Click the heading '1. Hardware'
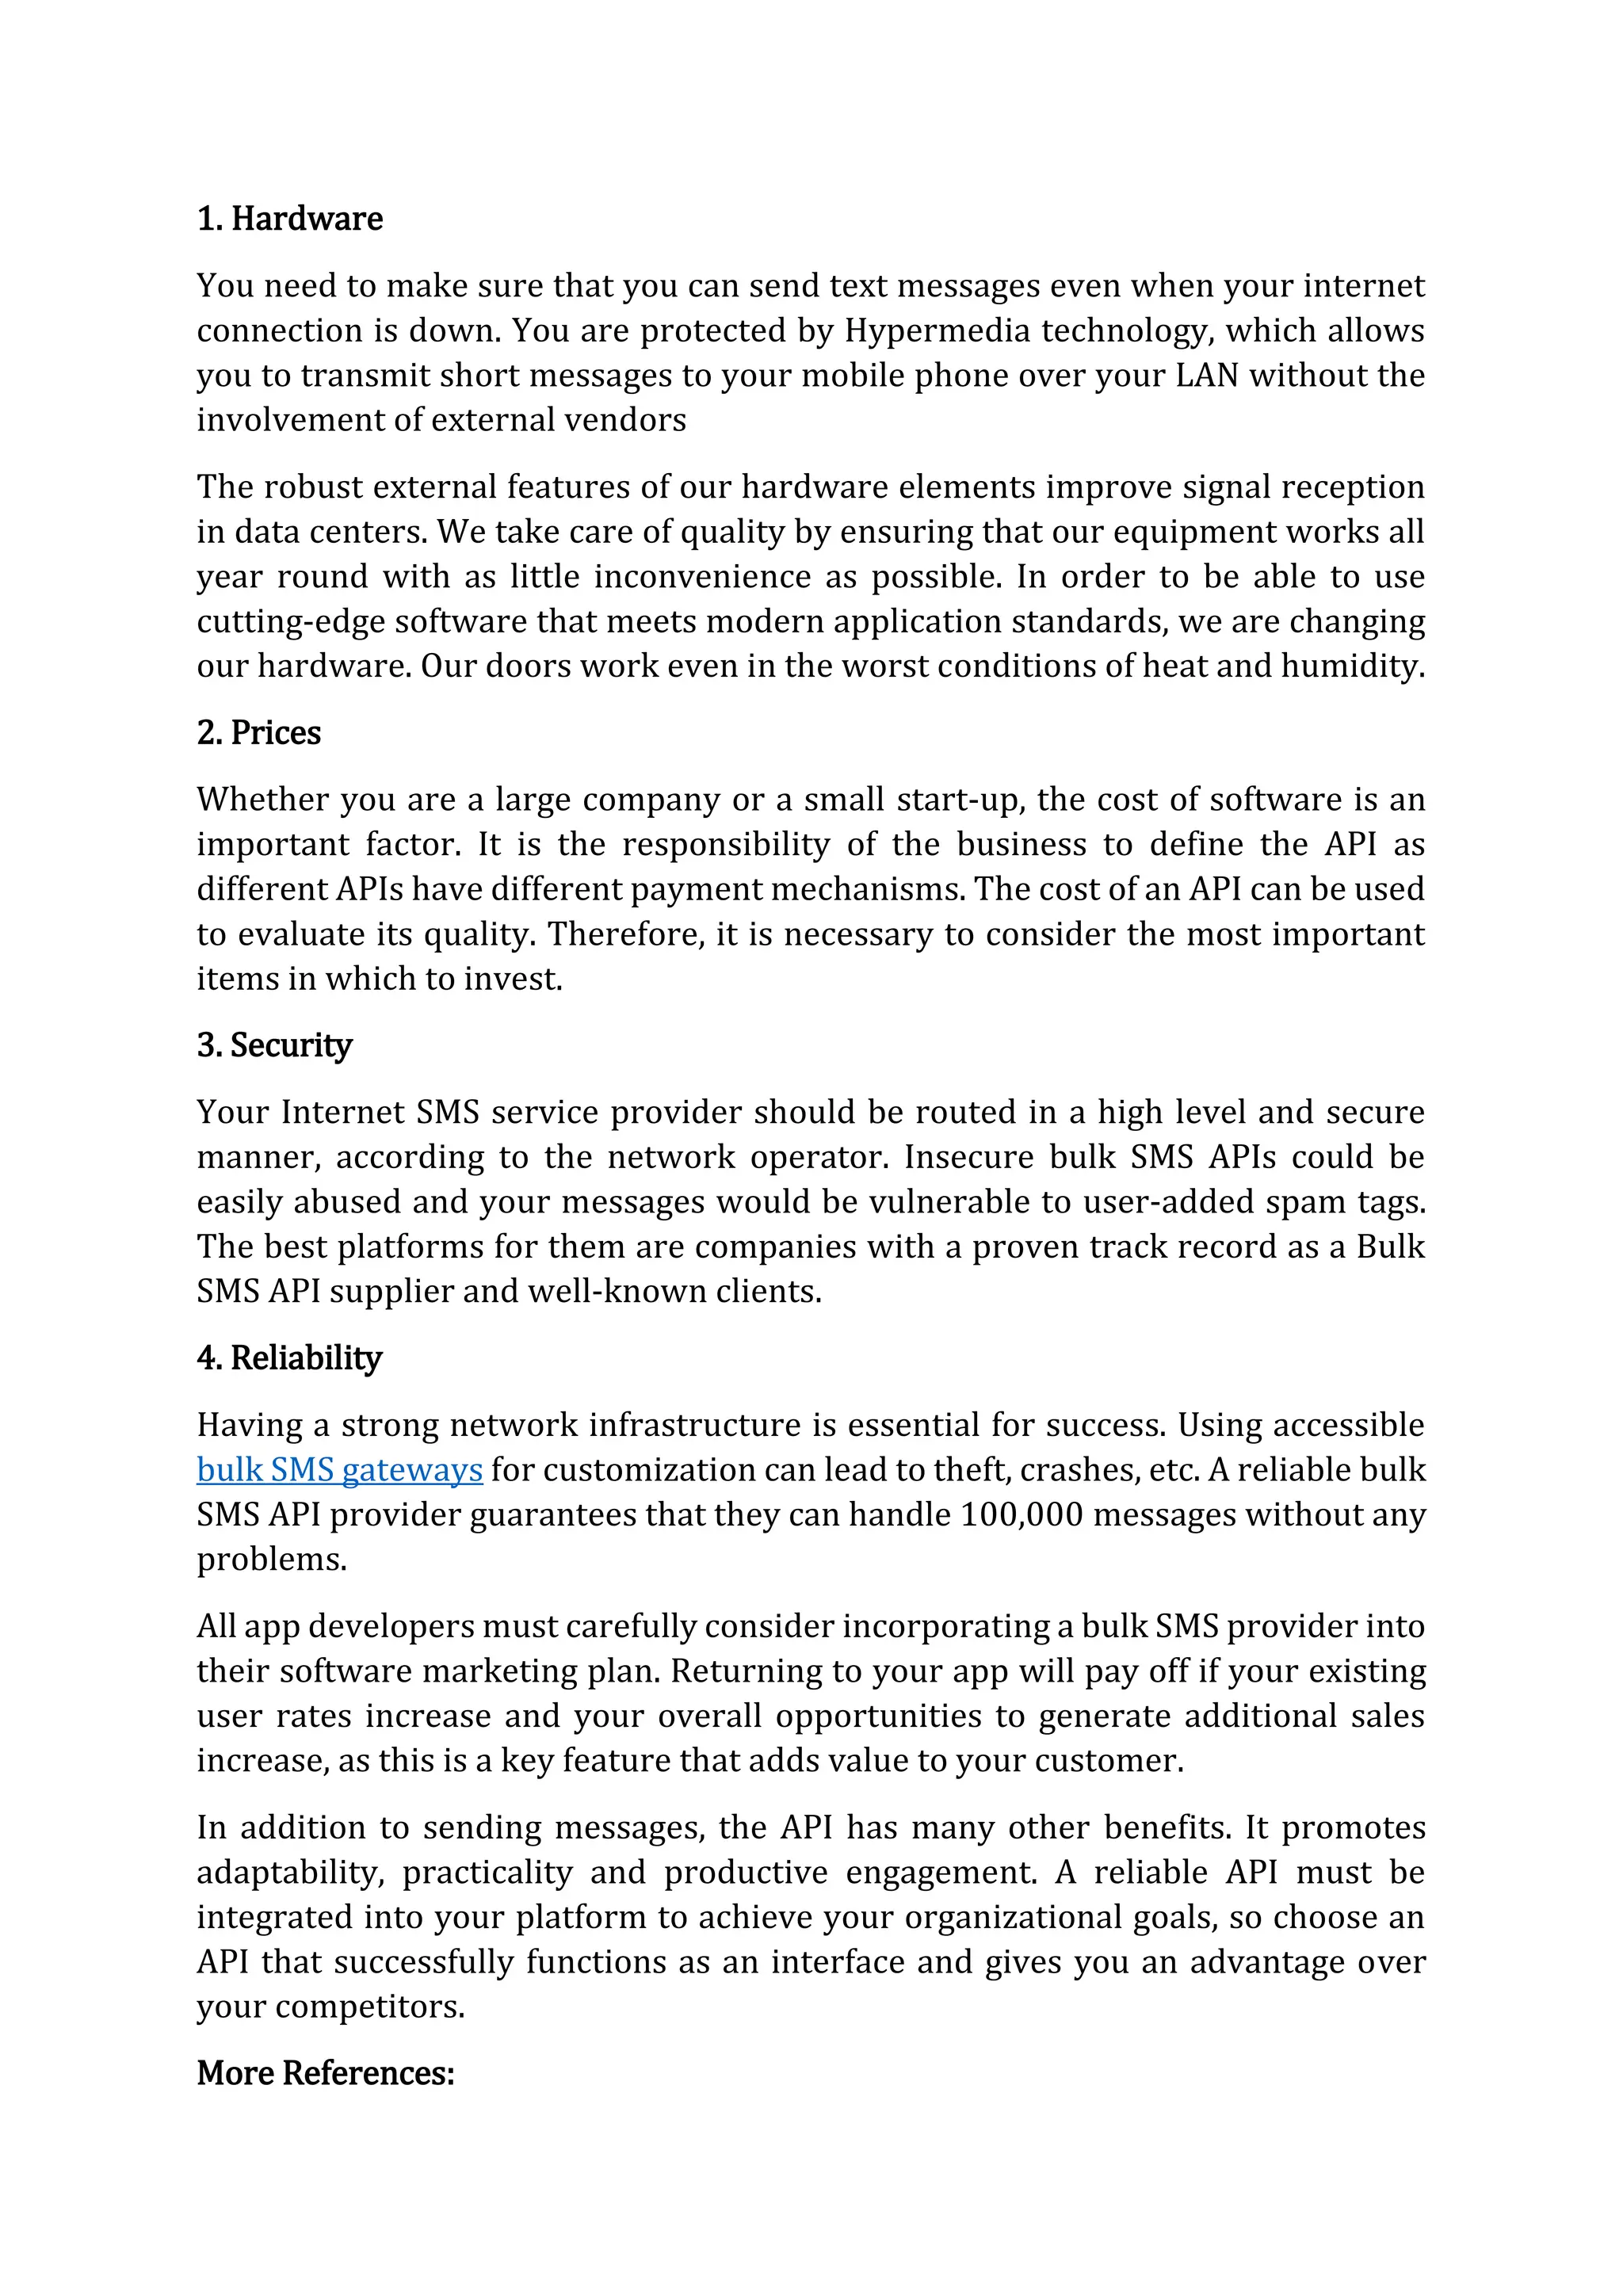(290, 219)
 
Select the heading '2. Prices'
(259, 733)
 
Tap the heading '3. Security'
(275, 1045)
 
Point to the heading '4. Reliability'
(290, 1358)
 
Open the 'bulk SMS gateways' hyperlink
(340, 1470)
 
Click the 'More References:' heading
(326, 2073)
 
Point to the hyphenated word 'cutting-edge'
(291, 622)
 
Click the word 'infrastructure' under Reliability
(785, 1426)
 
